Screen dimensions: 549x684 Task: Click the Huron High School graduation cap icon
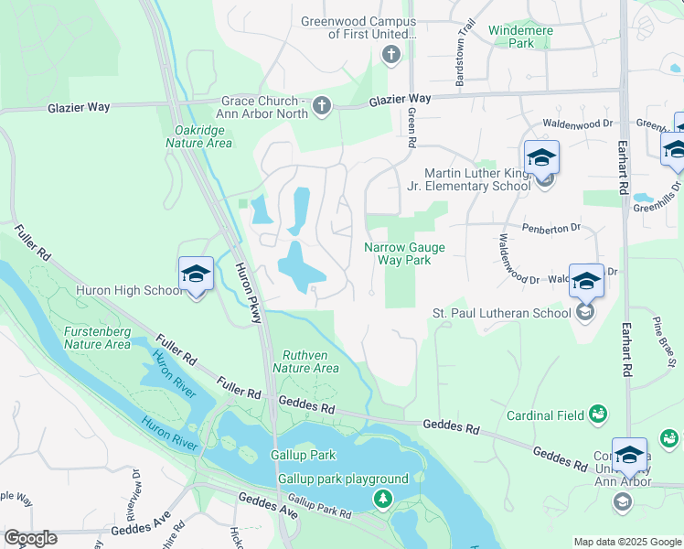196,275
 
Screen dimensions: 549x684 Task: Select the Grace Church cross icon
321,107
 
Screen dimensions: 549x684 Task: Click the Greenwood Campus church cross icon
390,56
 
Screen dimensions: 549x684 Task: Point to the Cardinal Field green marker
598,415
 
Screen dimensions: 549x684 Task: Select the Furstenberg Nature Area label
97,338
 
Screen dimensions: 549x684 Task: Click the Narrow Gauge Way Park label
397,253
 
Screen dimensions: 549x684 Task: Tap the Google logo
30,538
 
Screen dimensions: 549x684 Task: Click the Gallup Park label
303,455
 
